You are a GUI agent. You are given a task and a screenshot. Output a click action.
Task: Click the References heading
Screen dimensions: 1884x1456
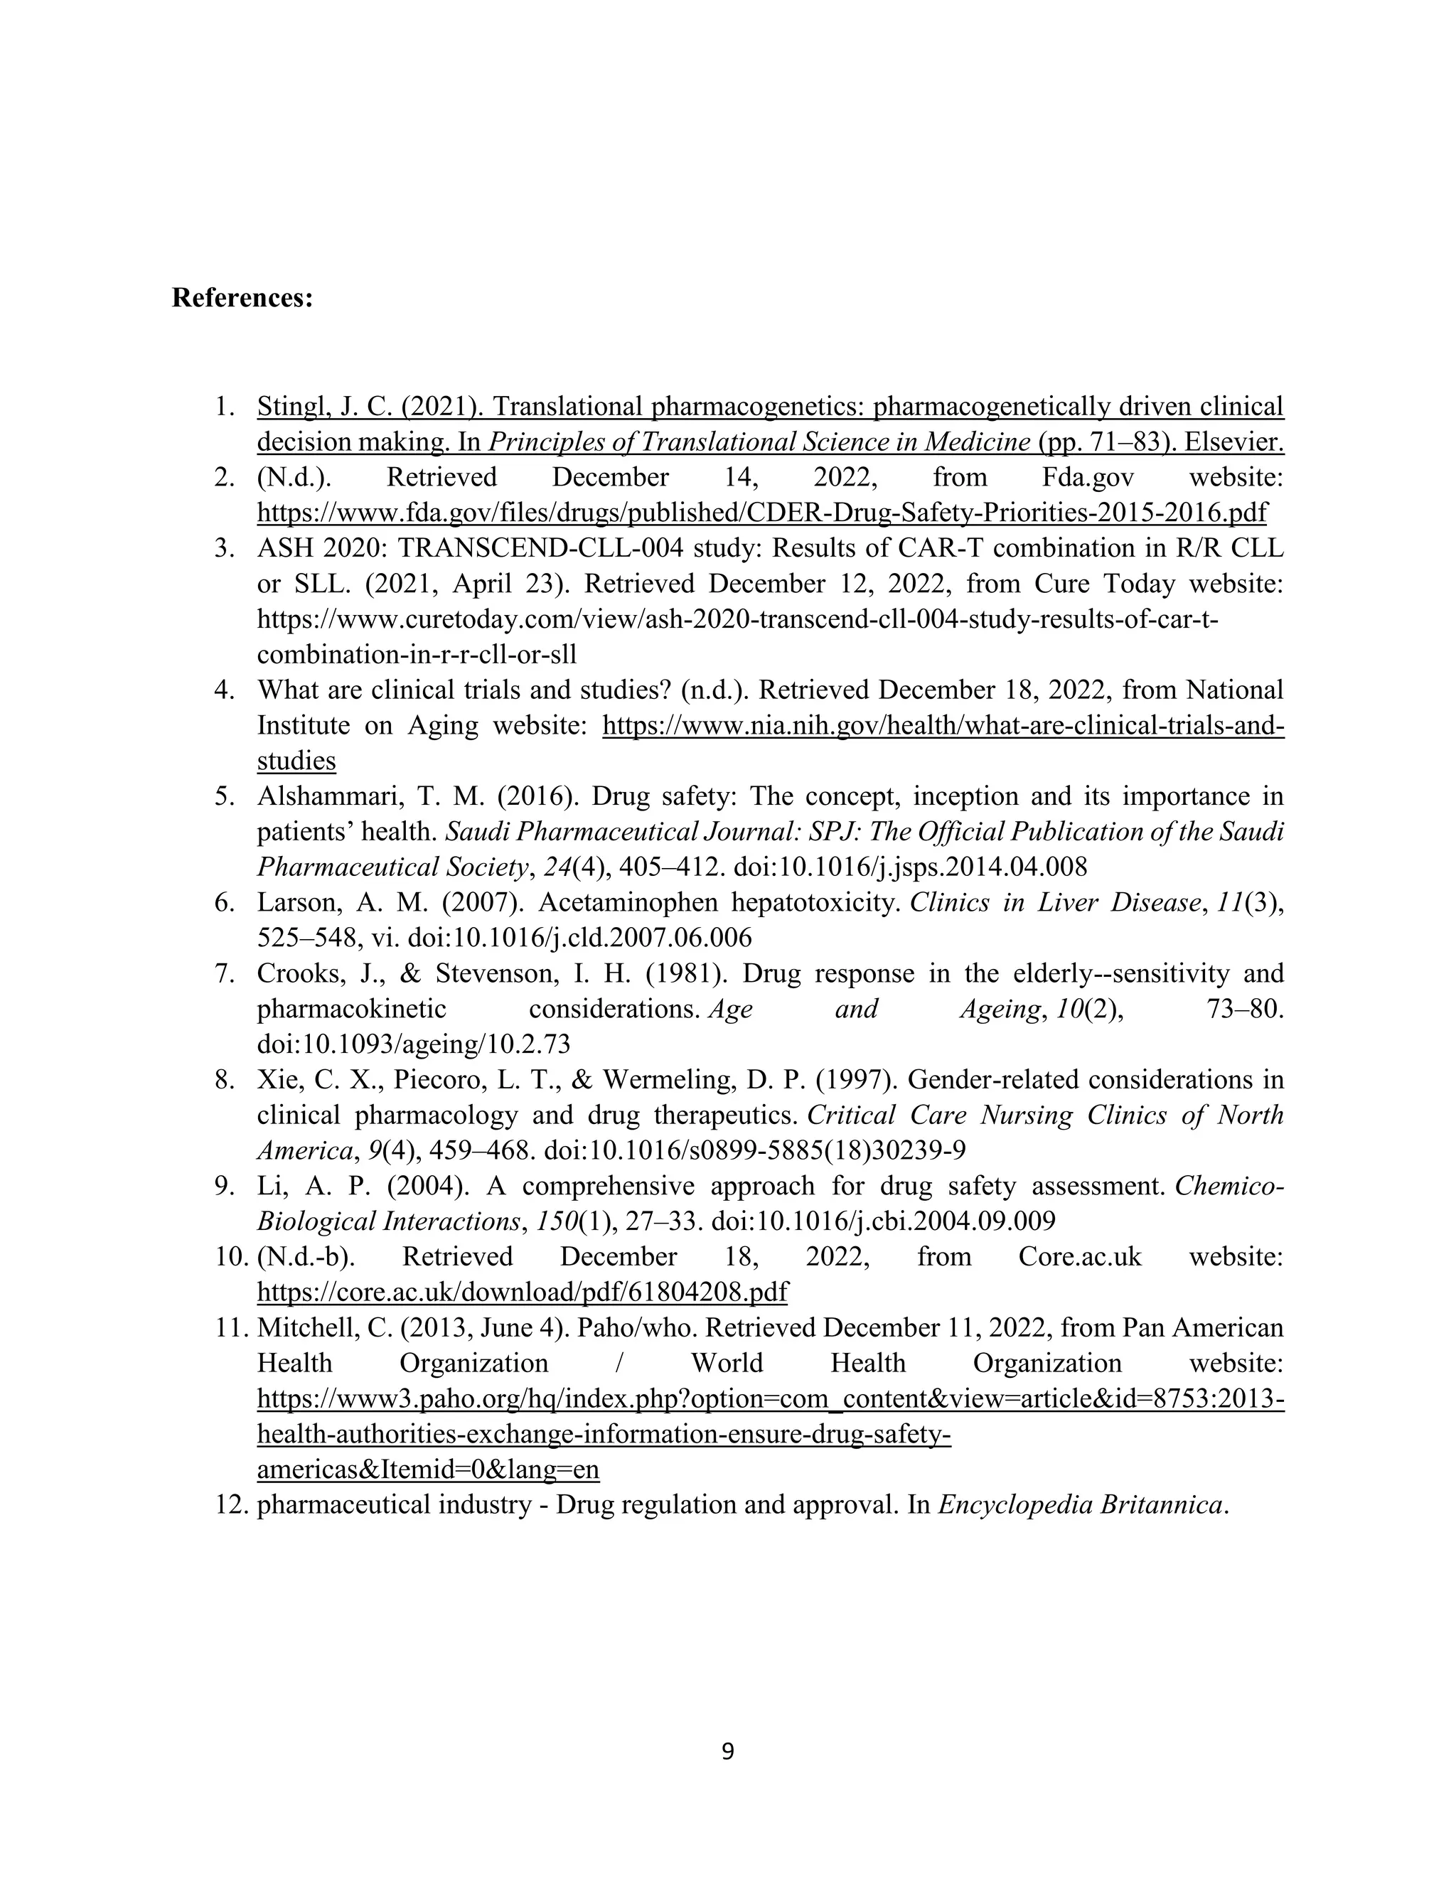click(x=242, y=299)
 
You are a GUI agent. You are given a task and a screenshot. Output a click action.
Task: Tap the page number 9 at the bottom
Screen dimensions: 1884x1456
click(x=727, y=1751)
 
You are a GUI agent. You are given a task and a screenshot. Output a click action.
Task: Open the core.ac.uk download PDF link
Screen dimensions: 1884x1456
click(x=522, y=1291)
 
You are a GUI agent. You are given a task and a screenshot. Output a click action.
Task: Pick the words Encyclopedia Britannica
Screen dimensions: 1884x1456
click(x=1080, y=1504)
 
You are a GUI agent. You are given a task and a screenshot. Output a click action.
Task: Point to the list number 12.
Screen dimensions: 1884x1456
click(x=231, y=1504)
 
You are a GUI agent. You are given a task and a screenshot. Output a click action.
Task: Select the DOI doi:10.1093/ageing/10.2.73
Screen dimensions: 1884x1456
click(x=414, y=1044)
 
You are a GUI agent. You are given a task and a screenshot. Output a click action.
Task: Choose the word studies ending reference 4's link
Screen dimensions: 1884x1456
click(x=296, y=761)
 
